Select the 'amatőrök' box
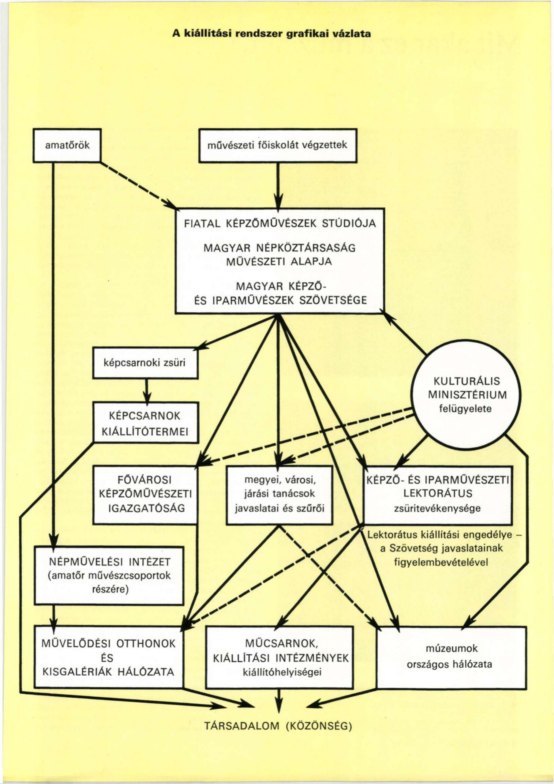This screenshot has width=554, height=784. [67, 145]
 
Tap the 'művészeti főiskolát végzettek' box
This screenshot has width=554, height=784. [278, 145]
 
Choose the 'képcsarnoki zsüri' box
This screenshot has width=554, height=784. [146, 363]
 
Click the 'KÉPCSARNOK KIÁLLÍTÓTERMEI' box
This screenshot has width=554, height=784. [146, 423]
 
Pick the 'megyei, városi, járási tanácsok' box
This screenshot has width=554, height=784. [279, 495]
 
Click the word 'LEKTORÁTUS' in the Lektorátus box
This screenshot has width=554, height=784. [438, 494]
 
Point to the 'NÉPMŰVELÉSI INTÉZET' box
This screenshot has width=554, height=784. [109, 576]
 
